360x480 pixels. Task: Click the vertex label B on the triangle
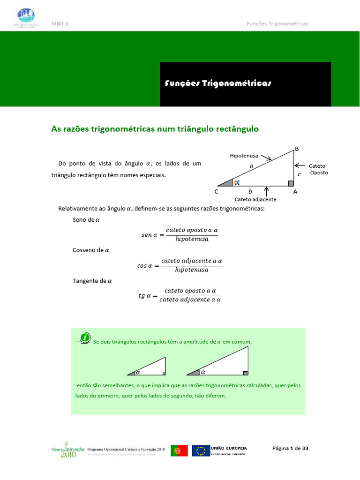tap(296, 149)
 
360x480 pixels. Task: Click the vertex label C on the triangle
tap(216, 192)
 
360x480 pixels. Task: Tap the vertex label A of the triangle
tap(295, 192)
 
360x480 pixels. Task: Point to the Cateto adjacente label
tap(255, 199)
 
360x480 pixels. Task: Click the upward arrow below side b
tap(267, 191)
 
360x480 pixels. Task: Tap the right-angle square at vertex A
tap(291, 183)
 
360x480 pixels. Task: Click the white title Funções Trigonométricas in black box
tap(218, 83)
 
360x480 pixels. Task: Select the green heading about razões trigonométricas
tap(155, 128)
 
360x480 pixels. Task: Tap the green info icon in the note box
tap(85, 337)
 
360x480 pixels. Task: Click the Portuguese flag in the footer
tap(179, 450)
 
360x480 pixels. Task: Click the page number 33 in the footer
tap(305, 449)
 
